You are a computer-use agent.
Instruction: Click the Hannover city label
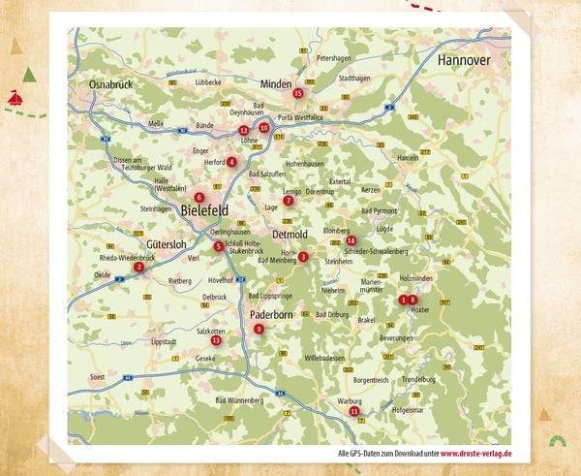pos(464,60)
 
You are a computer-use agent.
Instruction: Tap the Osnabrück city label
pos(108,85)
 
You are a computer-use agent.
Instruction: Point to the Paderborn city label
pos(272,315)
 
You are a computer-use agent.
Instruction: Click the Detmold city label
pos(290,235)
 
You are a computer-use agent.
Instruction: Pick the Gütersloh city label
pos(166,243)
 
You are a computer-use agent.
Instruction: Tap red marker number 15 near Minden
pos(298,93)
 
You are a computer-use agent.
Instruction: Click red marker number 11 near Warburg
pos(354,411)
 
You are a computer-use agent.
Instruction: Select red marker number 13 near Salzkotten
pos(216,340)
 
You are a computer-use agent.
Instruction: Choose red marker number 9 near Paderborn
pos(259,330)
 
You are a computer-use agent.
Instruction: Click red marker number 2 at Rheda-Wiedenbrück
pos(138,267)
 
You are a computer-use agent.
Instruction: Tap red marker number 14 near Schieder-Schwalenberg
pos(352,240)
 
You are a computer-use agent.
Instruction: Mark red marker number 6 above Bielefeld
pos(199,197)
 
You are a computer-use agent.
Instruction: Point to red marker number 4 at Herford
pos(231,162)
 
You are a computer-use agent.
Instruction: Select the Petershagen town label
pos(338,58)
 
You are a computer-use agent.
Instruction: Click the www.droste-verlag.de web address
pos(476,453)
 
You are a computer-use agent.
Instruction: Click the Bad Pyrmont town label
pos(380,210)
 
